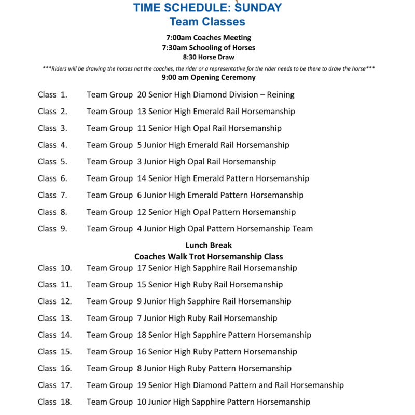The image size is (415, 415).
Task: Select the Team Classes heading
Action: tap(208, 22)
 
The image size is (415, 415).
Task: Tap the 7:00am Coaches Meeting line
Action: tap(209, 38)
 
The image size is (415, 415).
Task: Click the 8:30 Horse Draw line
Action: tap(209, 57)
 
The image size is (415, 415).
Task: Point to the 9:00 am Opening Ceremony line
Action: tap(209, 77)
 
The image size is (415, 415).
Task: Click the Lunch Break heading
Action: tap(209, 245)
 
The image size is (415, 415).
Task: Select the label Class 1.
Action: tap(52, 95)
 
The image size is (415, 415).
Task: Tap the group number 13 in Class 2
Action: tap(142, 112)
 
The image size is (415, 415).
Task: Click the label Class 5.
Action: tap(52, 162)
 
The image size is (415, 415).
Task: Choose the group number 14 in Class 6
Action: tap(142, 178)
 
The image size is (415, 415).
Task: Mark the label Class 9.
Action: tap(52, 229)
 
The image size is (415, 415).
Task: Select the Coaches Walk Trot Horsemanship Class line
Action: tap(209, 257)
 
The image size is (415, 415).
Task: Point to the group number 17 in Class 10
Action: tap(142, 268)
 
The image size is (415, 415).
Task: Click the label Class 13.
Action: tap(54, 318)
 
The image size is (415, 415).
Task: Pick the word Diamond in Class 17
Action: tap(209, 385)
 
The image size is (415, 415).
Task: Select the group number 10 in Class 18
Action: tap(142, 402)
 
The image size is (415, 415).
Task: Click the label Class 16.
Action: tap(54, 368)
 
